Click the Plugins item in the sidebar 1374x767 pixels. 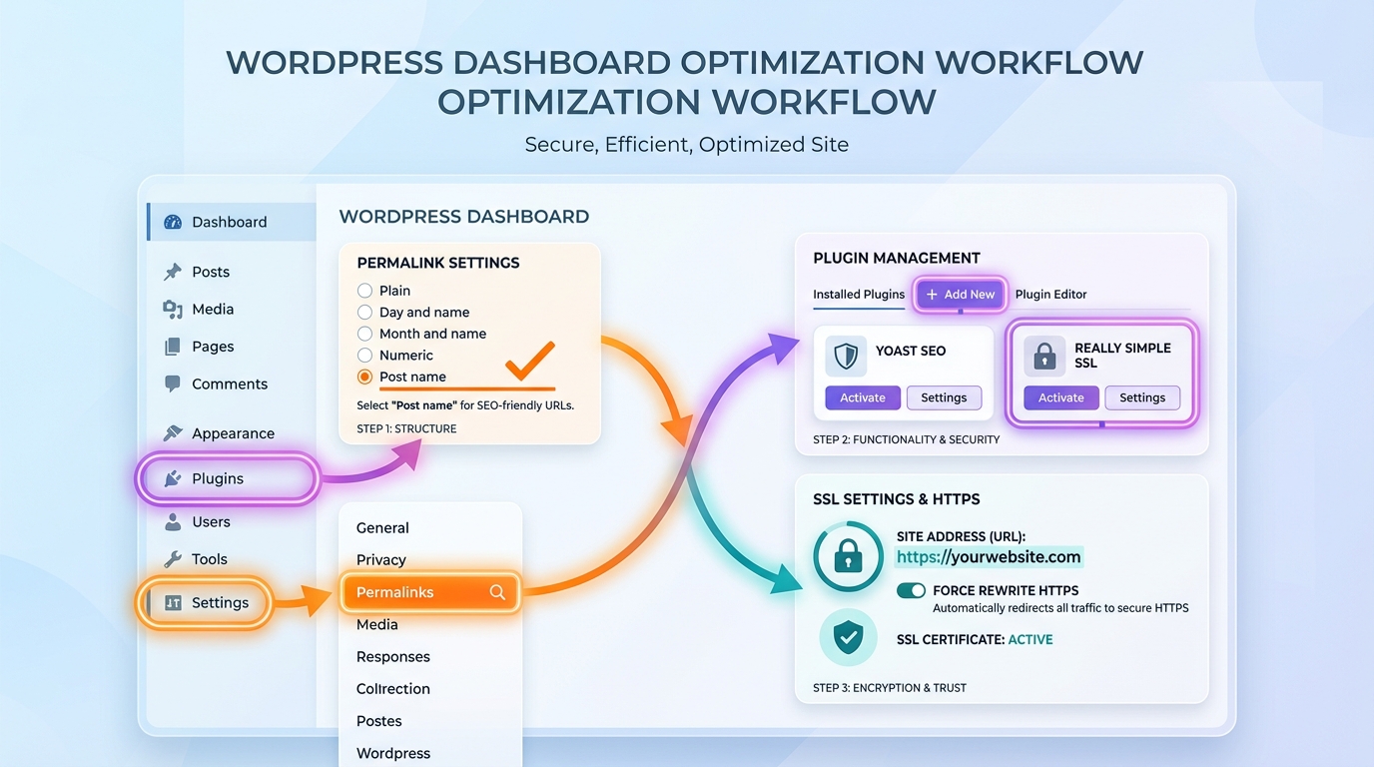(218, 479)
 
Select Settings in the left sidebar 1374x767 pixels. (220, 603)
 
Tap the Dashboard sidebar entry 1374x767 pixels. (229, 222)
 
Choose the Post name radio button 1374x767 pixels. (364, 377)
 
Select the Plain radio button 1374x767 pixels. (364, 291)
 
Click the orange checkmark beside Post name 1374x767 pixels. (529, 362)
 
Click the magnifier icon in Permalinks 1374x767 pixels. (497, 592)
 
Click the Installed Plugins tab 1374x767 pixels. (859, 295)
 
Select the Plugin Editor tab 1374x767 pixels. (1050, 295)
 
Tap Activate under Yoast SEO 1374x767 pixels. (862, 397)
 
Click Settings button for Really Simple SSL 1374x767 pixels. (1141, 397)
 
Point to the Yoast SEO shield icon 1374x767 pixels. (845, 356)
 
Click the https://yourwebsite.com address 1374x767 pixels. (988, 557)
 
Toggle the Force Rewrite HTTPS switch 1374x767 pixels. (911, 590)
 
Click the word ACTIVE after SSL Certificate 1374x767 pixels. (1030, 639)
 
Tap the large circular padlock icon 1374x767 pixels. (848, 556)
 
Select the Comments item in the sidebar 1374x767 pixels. (230, 384)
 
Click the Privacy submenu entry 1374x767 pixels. (381, 560)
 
